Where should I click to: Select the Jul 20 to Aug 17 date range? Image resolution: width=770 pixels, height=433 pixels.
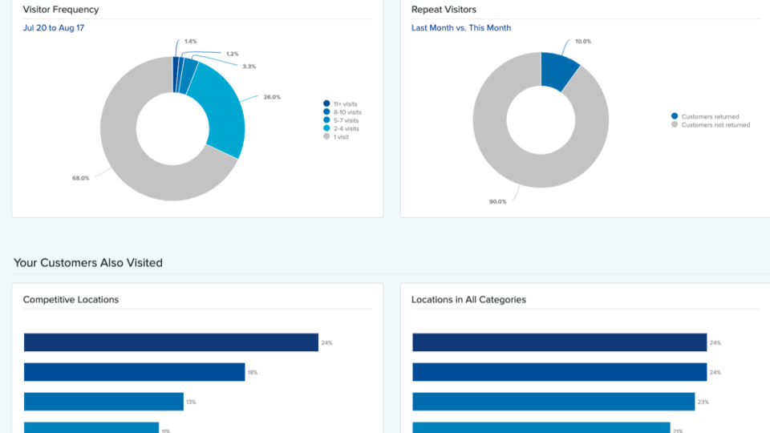[53, 28]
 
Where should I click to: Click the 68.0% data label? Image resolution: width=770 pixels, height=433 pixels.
[80, 178]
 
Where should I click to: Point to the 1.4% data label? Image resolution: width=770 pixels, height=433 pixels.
[190, 40]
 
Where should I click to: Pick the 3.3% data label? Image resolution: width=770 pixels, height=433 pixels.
[249, 66]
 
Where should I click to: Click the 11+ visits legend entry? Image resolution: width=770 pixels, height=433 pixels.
[345, 103]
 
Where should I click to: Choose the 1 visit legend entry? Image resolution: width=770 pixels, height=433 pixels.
[340, 137]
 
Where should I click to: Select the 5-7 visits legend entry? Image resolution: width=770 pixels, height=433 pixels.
[345, 120]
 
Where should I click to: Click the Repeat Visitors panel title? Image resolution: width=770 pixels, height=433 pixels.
[444, 10]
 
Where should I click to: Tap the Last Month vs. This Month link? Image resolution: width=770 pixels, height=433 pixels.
[461, 28]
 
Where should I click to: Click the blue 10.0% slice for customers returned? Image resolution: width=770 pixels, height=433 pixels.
[558, 69]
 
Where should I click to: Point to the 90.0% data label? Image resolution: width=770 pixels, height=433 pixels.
[498, 201]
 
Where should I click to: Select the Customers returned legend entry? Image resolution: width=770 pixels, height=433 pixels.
[710, 116]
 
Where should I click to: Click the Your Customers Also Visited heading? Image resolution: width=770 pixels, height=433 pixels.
[88, 263]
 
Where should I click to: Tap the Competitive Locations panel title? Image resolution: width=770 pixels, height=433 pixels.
[71, 300]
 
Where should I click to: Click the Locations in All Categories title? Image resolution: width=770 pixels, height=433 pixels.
[468, 300]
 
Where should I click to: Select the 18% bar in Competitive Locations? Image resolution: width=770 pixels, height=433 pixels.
[134, 372]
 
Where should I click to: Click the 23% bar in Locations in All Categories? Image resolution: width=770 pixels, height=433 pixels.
[553, 402]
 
